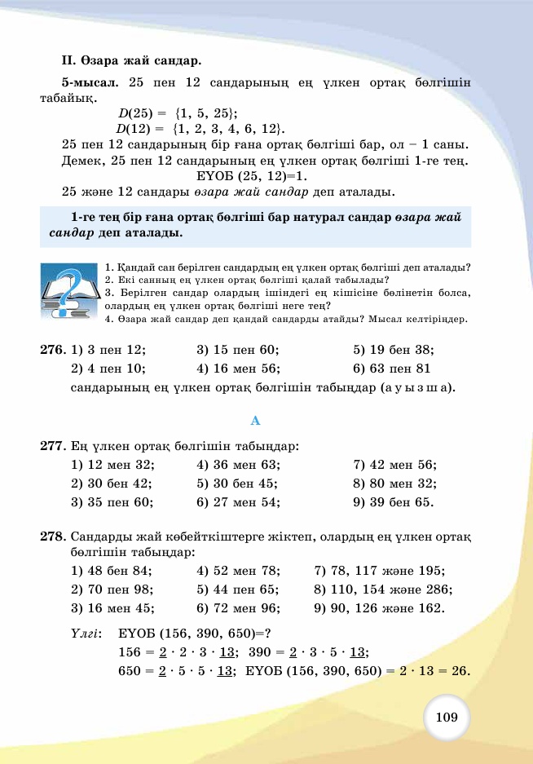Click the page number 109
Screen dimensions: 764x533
pyautogui.click(x=447, y=718)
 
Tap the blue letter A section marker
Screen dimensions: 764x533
pyautogui.click(x=255, y=421)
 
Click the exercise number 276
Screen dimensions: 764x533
pyautogui.click(x=52, y=350)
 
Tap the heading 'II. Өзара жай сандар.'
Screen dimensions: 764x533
pyautogui.click(x=130, y=60)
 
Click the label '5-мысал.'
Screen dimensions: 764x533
pyautogui.click(x=90, y=82)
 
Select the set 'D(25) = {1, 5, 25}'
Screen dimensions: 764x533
pyautogui.click(x=177, y=113)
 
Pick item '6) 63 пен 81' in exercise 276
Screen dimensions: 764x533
pyautogui.click(x=392, y=368)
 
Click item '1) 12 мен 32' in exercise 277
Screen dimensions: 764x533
pyautogui.click(x=113, y=465)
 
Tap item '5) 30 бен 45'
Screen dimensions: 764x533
pyautogui.click(x=239, y=484)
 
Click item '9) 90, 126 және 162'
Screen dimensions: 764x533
pyautogui.click(x=379, y=608)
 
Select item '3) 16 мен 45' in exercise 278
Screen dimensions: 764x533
pyautogui.click(x=112, y=608)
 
